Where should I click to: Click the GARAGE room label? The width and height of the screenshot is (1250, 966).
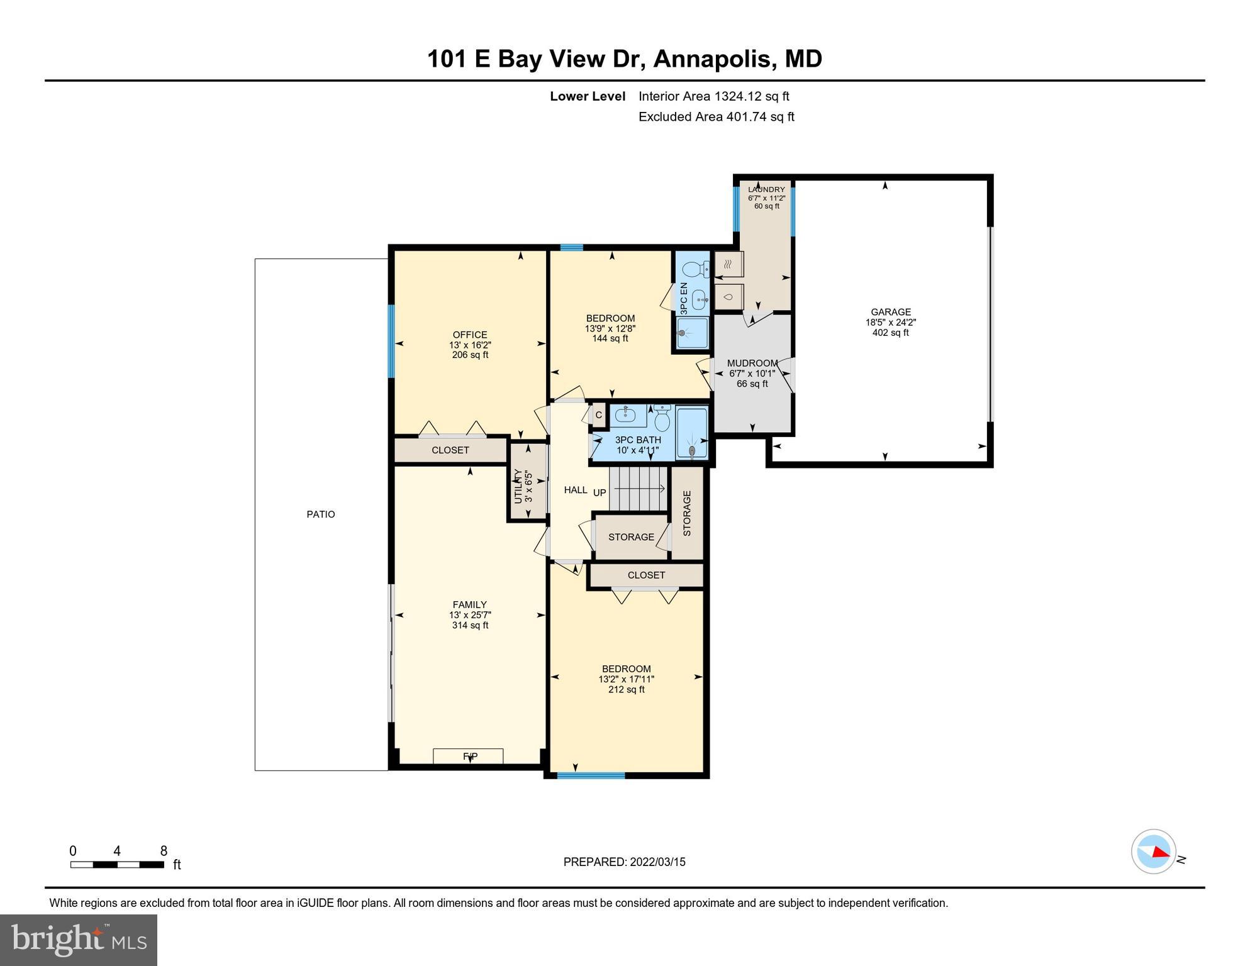point(890,312)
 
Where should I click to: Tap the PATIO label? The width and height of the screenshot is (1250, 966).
point(320,514)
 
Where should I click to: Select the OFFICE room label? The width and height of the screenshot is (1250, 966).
point(470,335)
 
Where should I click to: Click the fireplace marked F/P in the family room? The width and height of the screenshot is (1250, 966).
point(469,756)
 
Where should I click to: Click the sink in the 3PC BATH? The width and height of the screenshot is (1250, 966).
point(626,415)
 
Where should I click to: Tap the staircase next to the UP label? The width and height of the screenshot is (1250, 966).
point(639,489)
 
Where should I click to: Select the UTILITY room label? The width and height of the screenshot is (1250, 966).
point(518,486)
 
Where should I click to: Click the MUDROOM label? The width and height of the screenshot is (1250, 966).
point(752,363)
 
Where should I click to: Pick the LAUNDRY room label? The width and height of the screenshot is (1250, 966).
point(766,189)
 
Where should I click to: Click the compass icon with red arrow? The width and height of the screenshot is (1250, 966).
point(1154,852)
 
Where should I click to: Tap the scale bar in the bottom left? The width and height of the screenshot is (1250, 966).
point(118,864)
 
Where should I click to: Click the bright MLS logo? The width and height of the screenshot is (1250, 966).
point(79,940)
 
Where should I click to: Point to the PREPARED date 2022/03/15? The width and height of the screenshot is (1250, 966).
point(624,862)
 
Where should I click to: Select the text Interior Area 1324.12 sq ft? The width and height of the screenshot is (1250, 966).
point(713,96)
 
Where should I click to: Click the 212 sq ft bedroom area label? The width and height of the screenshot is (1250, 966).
point(626,689)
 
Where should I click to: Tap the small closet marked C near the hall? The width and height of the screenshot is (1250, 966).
point(598,415)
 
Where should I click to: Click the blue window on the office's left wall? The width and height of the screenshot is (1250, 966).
point(391,341)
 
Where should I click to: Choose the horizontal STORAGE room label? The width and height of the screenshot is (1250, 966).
point(631,536)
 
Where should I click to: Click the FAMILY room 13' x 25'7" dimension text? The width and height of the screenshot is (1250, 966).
point(470,615)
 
